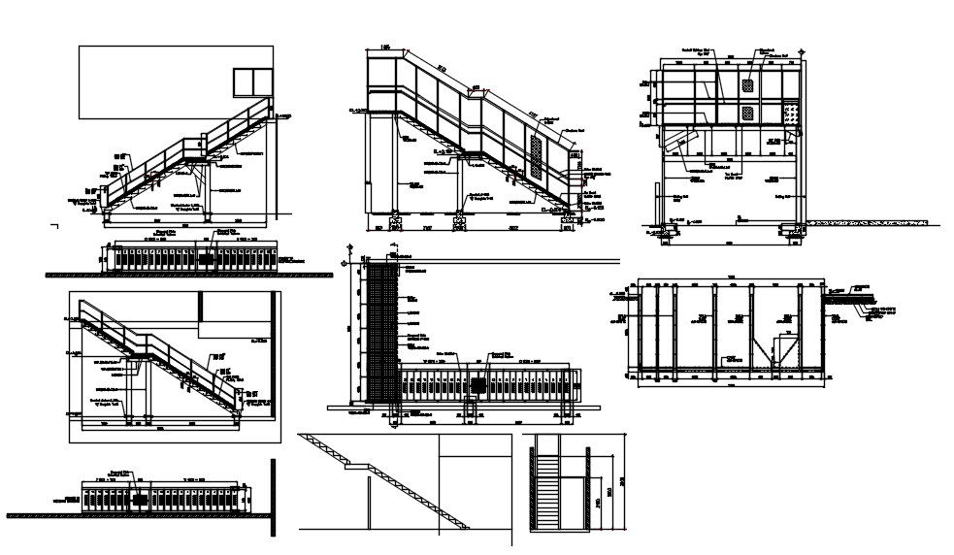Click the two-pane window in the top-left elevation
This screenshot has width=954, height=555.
click(250, 83)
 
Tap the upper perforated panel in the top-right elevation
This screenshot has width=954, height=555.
click(748, 86)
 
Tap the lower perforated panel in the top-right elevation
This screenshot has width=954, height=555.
click(748, 114)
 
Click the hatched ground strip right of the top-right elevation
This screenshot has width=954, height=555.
click(869, 224)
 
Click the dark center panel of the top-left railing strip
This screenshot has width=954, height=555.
click(208, 256)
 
